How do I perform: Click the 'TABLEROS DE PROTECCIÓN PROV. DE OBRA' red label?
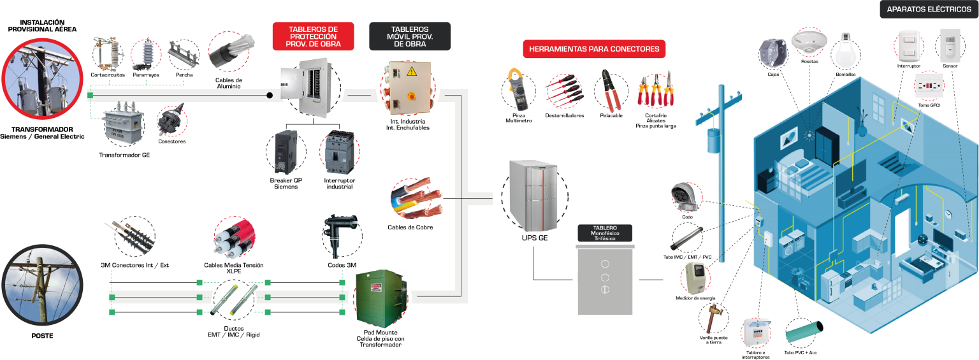(x=313, y=36)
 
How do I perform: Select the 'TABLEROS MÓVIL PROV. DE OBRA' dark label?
(x=410, y=36)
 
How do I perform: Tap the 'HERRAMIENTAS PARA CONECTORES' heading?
(x=594, y=49)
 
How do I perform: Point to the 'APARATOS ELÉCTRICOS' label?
(x=929, y=10)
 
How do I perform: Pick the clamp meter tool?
(x=518, y=90)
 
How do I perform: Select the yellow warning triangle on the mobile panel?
(x=411, y=71)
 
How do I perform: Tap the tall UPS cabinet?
(x=533, y=194)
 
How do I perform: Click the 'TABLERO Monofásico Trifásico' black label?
(x=605, y=233)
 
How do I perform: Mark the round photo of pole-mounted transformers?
(x=43, y=79)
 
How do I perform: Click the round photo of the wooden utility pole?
(x=42, y=285)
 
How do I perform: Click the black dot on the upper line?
(x=270, y=96)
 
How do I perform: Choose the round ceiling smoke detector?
(x=808, y=42)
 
